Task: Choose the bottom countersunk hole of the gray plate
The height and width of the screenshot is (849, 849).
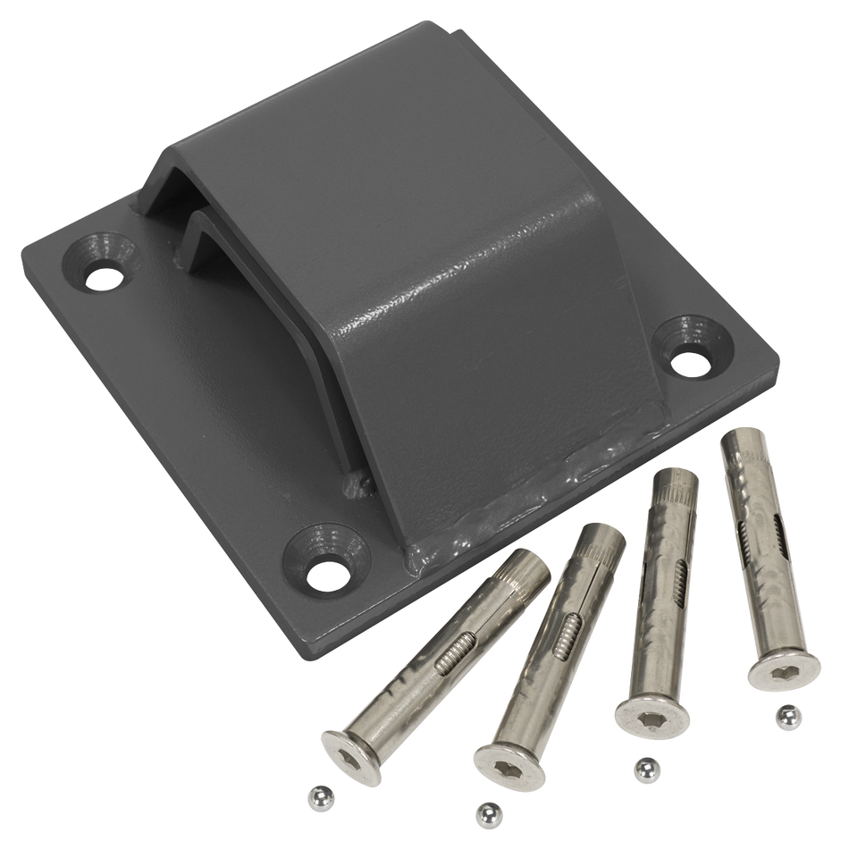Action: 325,567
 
